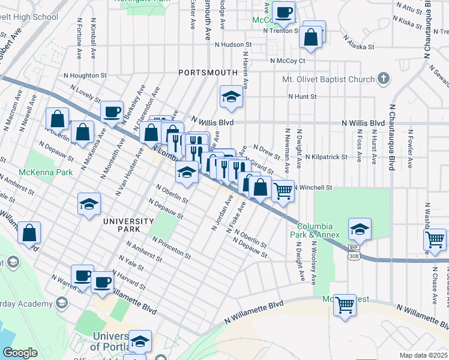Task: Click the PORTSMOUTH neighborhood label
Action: [x=208, y=72]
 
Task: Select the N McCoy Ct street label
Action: [x=288, y=61]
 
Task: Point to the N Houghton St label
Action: [x=85, y=76]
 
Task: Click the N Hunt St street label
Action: [x=302, y=96]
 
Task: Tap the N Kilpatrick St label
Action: [x=326, y=157]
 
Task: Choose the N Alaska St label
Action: [x=358, y=46]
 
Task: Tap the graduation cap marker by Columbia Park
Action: [x=360, y=229]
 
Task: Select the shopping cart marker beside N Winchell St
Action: [x=283, y=191]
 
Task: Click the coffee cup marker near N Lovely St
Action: [x=111, y=112]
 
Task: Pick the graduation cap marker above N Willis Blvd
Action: [x=231, y=97]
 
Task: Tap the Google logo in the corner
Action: [x=19, y=353]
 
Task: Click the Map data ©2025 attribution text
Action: [x=423, y=355]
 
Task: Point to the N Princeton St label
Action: [x=171, y=248]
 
